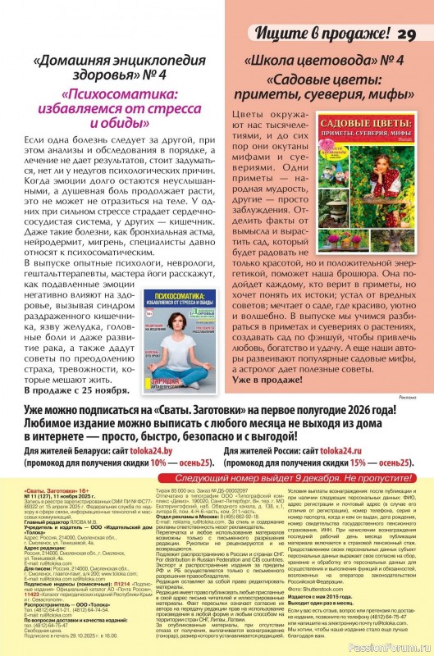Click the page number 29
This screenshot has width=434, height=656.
[x=407, y=34]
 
